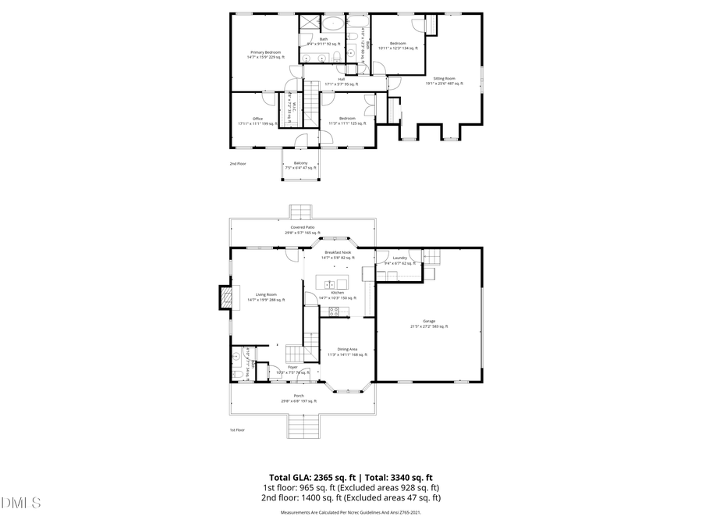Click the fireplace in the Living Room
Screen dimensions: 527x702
click(x=226, y=297)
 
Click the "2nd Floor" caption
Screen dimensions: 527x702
click(x=237, y=164)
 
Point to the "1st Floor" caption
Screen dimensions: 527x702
click(x=237, y=430)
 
